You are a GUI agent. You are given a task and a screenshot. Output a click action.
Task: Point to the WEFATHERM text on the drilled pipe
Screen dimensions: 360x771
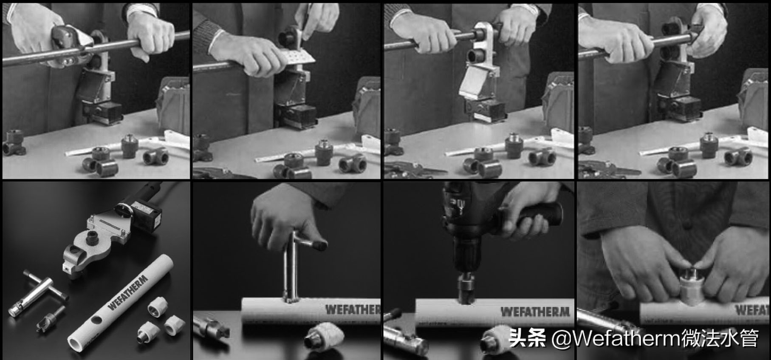(x=535, y=312)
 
